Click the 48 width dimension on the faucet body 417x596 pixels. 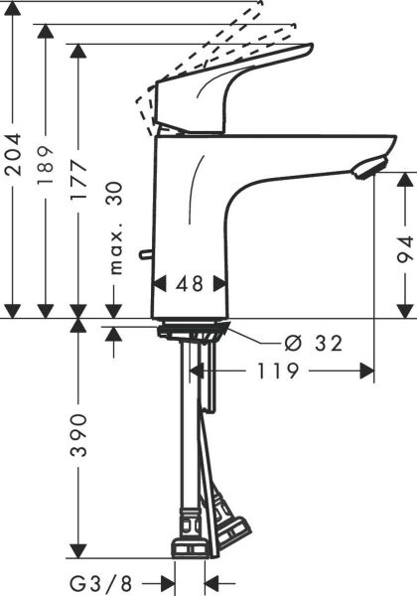(x=190, y=284)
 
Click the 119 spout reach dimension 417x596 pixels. (x=279, y=372)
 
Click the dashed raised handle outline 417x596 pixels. (x=213, y=45)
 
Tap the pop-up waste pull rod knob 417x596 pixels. (x=146, y=256)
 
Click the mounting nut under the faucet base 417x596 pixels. (x=194, y=328)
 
